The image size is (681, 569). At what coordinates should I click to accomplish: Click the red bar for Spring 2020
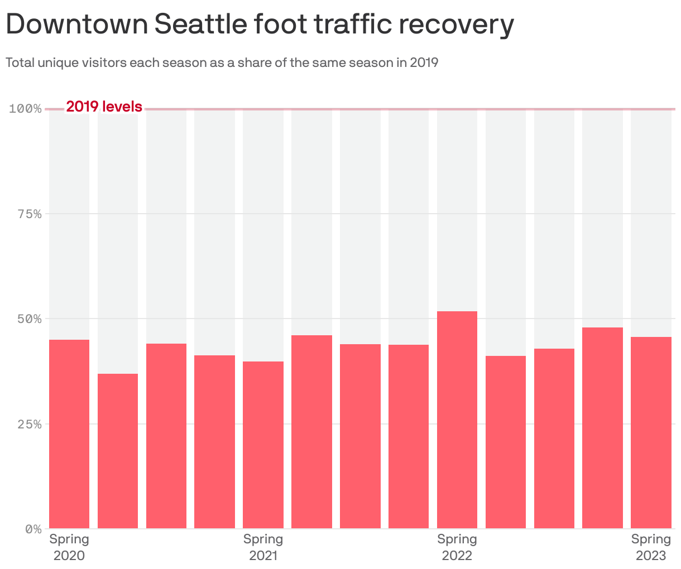pyautogui.click(x=69, y=434)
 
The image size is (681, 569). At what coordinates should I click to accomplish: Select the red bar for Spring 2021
pyautogui.click(x=263, y=445)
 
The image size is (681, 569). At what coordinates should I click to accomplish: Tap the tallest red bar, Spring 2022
pyautogui.click(x=457, y=419)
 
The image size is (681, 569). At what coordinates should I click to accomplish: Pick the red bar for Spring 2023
pyautogui.click(x=651, y=432)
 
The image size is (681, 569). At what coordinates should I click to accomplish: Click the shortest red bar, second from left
pyautogui.click(x=118, y=451)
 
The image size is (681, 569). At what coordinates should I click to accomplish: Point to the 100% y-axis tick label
pyautogui.click(x=26, y=108)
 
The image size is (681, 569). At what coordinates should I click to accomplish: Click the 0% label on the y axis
pyautogui.click(x=33, y=529)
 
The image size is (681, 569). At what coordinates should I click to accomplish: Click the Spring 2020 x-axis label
pyautogui.click(x=69, y=547)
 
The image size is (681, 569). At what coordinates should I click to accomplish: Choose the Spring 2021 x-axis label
pyautogui.click(x=263, y=547)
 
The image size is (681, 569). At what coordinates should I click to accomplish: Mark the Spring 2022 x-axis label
pyautogui.click(x=457, y=547)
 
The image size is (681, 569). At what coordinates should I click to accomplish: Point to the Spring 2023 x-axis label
pyautogui.click(x=651, y=547)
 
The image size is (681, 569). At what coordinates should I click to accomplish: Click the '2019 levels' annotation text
pyautogui.click(x=104, y=107)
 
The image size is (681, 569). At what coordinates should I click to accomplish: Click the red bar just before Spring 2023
pyautogui.click(x=602, y=428)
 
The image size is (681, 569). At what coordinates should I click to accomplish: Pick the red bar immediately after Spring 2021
pyautogui.click(x=311, y=432)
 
